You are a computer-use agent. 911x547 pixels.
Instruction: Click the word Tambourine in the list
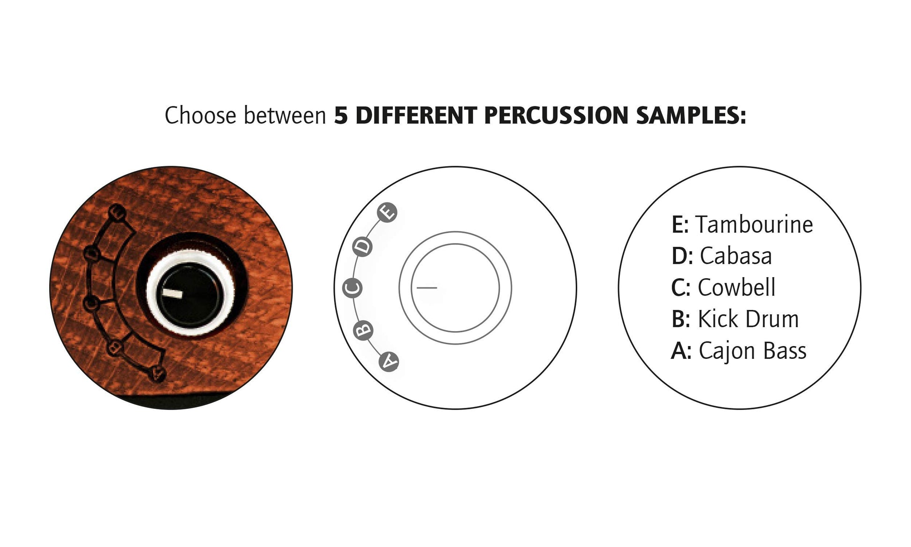pos(754,224)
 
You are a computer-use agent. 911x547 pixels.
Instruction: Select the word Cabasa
pos(736,256)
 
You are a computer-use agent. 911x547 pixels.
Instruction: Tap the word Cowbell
pos(737,287)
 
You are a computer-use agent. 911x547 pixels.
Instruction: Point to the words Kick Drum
pos(749,319)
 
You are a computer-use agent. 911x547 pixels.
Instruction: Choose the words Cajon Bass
pos(753,351)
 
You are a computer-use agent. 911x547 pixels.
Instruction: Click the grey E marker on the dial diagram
pos(388,213)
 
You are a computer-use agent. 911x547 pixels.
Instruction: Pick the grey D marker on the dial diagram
pos(364,246)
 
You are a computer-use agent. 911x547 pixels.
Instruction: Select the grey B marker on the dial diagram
pos(363,330)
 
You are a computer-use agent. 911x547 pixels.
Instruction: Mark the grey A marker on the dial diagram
pos(389,362)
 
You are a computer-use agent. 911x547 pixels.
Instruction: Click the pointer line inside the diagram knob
pos(427,288)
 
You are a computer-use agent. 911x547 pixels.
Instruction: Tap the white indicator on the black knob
pos(172,293)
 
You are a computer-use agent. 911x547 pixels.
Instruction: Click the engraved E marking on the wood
pos(117,213)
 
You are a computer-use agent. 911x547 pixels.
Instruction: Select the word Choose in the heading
pos(200,115)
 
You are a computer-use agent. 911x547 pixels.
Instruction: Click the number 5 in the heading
pos(341,116)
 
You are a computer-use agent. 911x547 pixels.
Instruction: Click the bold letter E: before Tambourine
pos(680,225)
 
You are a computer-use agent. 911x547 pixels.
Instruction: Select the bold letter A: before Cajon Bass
pos(681,351)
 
